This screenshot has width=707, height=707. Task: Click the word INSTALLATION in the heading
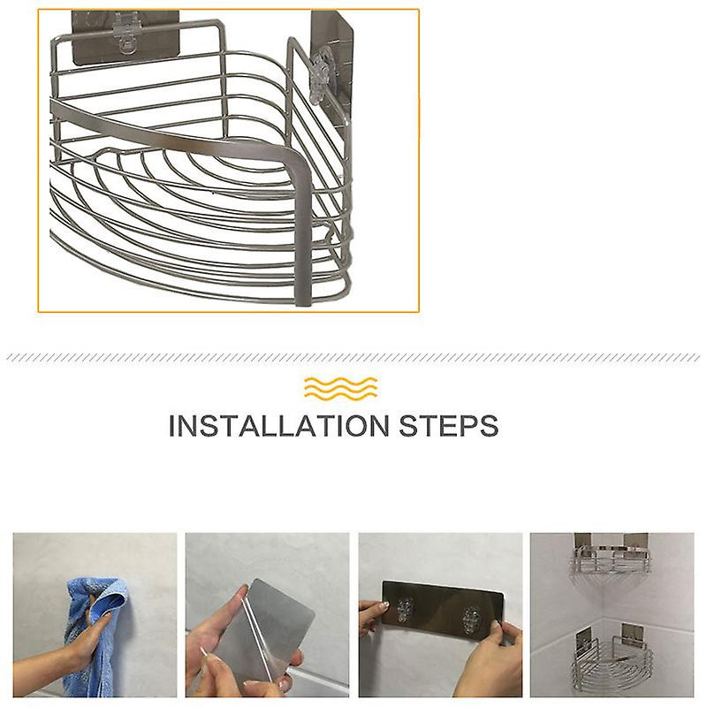[278, 426]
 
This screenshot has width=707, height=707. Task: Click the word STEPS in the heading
[449, 426]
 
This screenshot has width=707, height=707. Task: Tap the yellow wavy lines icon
[340, 388]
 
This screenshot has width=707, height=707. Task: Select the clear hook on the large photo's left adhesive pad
[125, 34]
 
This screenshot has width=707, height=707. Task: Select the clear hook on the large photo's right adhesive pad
[323, 77]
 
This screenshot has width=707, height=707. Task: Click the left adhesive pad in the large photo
[125, 37]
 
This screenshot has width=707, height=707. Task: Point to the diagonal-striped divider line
[353, 358]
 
